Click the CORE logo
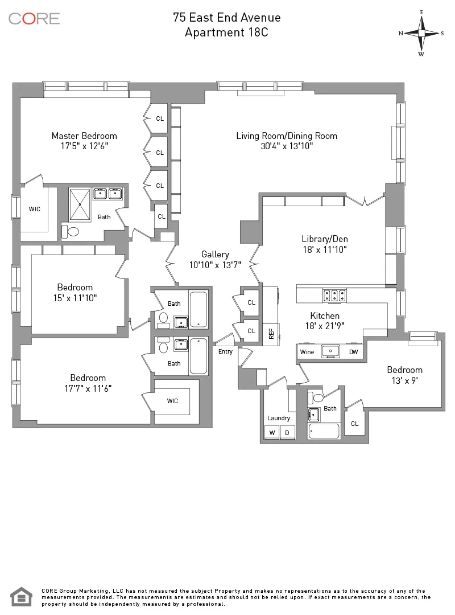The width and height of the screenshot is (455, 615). tap(34, 18)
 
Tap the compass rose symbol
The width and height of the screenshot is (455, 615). tap(421, 33)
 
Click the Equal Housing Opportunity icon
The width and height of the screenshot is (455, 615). tap(21, 596)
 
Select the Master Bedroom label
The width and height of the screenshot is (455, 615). tap(84, 136)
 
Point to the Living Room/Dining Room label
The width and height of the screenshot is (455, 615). tap(287, 136)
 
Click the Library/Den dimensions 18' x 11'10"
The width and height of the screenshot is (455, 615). tap(324, 249)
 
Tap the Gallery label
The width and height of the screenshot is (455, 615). tap(215, 254)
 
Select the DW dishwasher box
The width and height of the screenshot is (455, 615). tap(353, 352)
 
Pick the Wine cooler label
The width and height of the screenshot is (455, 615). tap(307, 352)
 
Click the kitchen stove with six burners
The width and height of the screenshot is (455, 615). tap(335, 295)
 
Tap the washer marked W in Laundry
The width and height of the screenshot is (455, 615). tap(272, 433)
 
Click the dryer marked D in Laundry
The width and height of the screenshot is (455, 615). tap(287, 433)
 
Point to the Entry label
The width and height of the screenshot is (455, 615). tap(225, 351)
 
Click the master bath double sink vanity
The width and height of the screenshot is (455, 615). tap(108, 194)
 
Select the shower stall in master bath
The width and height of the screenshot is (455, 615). tap(80, 204)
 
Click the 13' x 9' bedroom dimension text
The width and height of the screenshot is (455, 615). tap(406, 380)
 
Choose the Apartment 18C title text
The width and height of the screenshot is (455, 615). tap(226, 32)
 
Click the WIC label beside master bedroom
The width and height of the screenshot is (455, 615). tap(35, 209)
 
